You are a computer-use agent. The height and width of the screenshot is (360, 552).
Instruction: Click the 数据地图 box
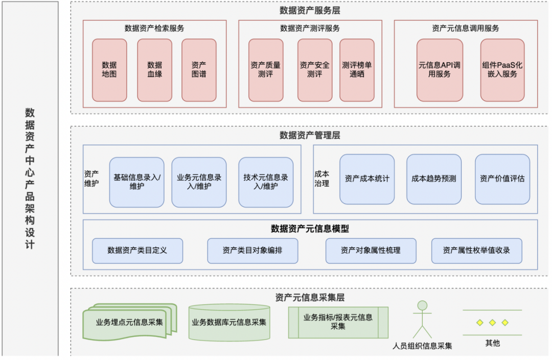coord(109,70)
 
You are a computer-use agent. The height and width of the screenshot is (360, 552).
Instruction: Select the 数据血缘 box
coord(154,70)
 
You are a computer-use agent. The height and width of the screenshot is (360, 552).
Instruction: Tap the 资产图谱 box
coord(199,70)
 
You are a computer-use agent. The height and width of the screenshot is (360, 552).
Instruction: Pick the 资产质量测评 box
coord(266,70)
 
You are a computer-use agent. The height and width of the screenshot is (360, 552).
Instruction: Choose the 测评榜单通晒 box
coord(357,70)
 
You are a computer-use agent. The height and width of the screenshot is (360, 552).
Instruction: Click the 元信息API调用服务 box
coord(440,70)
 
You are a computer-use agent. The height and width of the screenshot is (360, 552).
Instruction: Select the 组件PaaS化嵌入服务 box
coord(502,70)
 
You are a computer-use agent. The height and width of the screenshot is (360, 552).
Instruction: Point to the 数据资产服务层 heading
coord(310,11)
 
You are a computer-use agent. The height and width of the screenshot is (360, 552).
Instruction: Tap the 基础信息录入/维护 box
coord(136,182)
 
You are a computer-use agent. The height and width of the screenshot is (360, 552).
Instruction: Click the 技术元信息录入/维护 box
coord(266,182)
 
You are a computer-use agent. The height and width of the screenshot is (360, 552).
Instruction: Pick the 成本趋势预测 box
coord(434,179)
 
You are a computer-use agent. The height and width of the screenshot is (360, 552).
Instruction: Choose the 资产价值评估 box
coord(502,179)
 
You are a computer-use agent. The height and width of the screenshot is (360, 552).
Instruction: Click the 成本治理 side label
coord(322,178)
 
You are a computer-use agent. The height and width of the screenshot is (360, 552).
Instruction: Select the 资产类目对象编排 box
coord(252,251)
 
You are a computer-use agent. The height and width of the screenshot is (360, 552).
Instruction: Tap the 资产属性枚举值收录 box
coord(477,251)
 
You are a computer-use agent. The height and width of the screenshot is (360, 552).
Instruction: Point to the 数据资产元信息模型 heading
coord(310,229)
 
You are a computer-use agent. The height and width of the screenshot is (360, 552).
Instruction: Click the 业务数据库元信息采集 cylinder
coord(229,322)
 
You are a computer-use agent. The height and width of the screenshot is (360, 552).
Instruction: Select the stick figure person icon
coord(423,320)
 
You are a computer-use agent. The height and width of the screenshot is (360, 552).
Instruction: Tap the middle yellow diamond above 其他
coord(493,323)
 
